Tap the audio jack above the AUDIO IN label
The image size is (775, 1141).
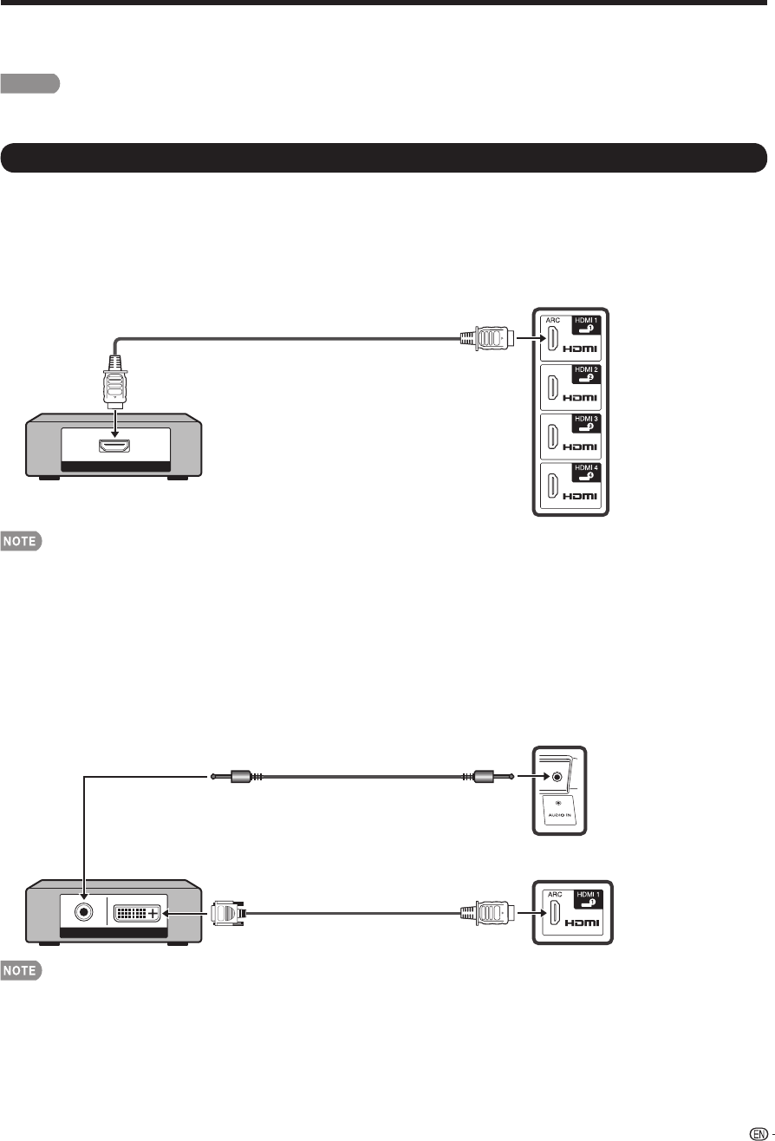click(x=556, y=777)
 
